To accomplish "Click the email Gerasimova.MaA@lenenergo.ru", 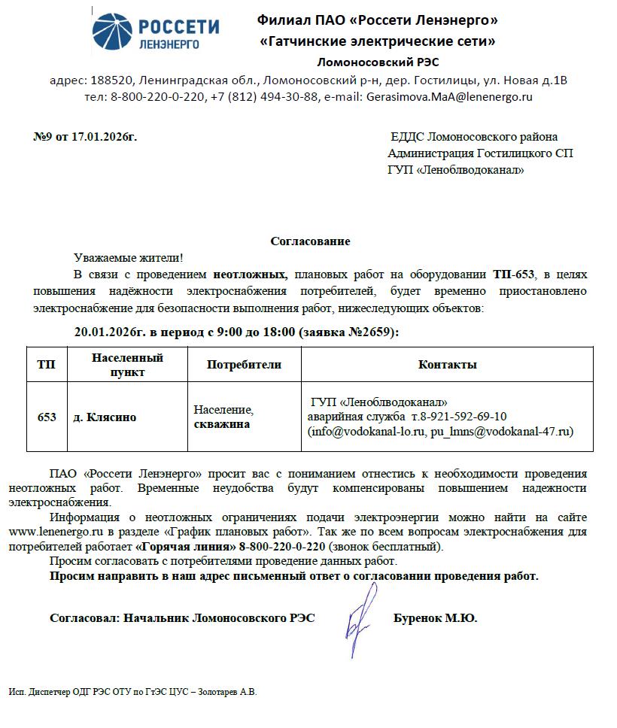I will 449,96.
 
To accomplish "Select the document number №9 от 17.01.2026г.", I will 86,137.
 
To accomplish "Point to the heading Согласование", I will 310,241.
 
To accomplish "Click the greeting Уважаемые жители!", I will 129,258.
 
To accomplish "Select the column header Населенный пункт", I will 127,365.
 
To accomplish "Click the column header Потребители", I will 244,365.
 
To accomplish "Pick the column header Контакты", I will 447,365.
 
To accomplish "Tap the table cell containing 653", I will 47,417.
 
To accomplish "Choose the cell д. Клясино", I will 105,417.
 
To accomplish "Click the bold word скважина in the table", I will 221,424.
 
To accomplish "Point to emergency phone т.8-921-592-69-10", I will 458,417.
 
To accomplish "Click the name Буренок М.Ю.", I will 435,618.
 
